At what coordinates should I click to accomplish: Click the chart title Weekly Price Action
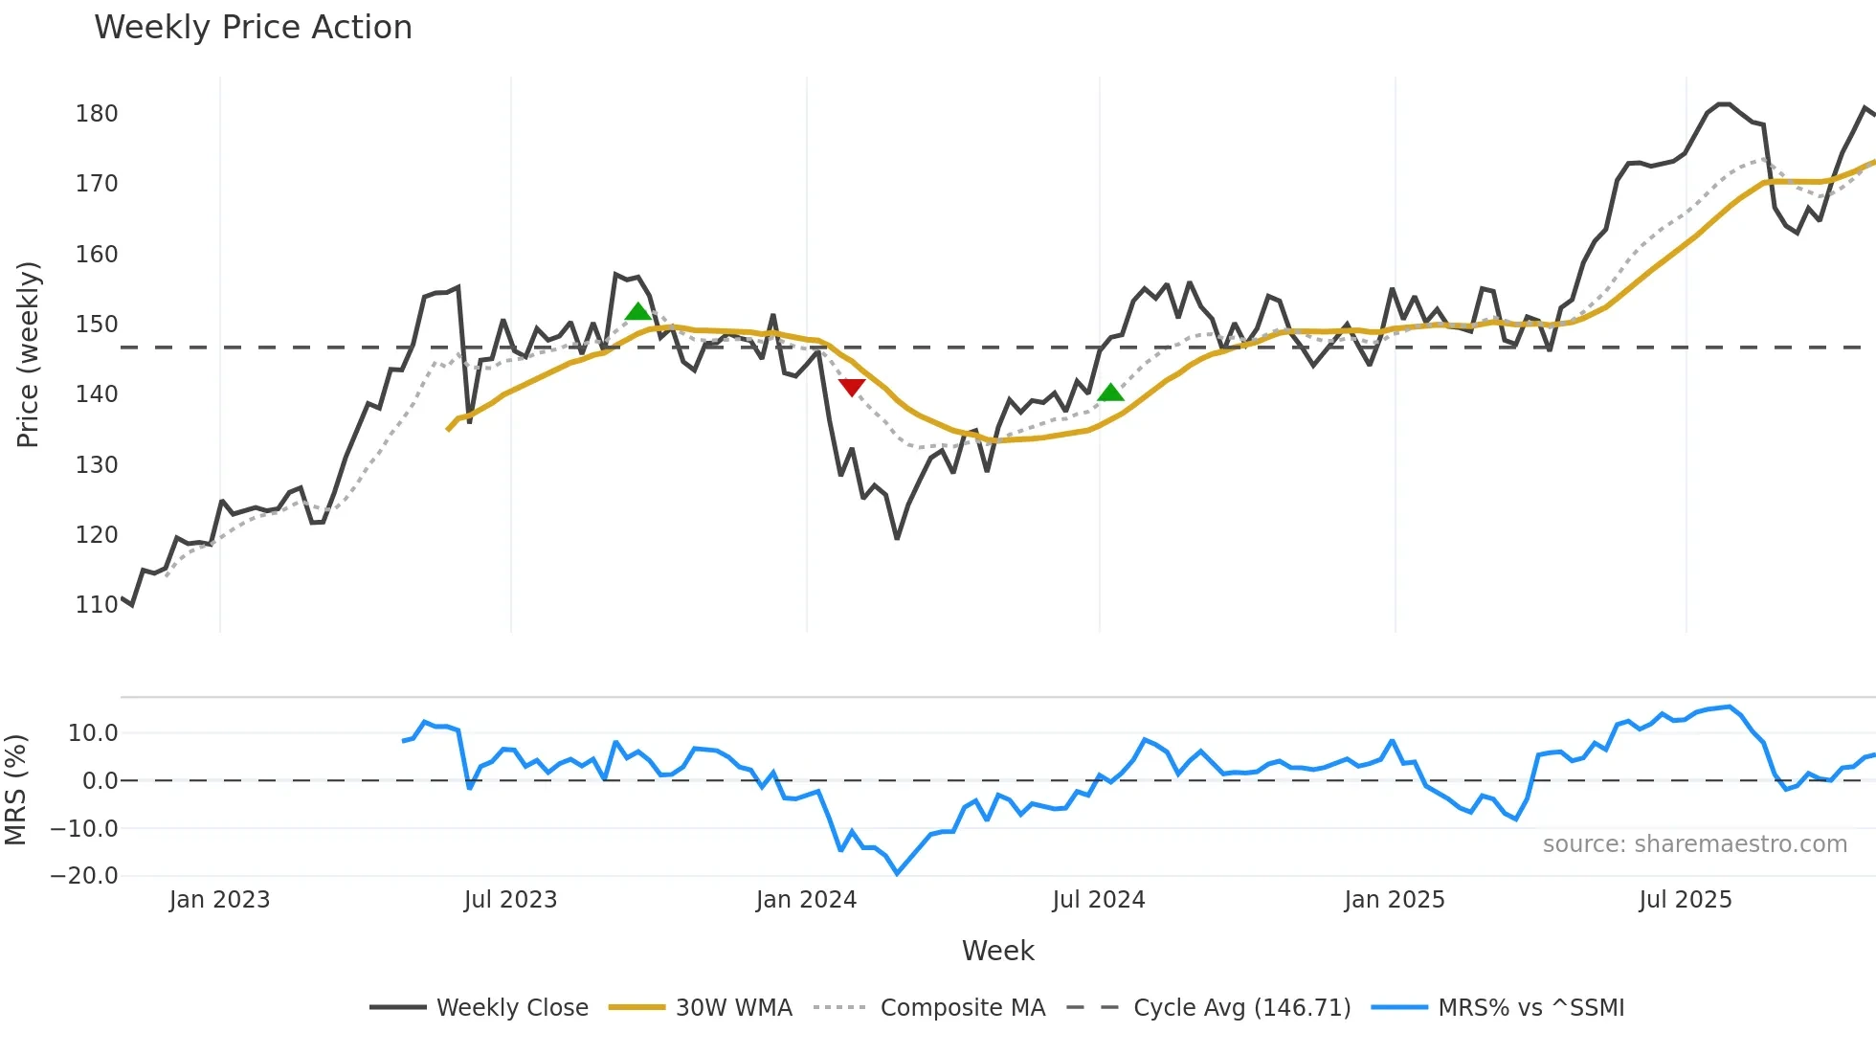(253, 28)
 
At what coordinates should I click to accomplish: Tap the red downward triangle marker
(851, 387)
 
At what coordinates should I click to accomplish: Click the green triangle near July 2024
(1110, 393)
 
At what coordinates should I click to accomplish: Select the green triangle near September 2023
(637, 311)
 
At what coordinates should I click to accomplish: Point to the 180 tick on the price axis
(97, 114)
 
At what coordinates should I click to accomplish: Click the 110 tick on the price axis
(97, 605)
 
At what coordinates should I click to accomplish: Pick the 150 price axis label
(97, 325)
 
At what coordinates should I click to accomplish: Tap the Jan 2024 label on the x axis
(806, 900)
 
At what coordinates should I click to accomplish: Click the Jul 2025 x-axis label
(1686, 900)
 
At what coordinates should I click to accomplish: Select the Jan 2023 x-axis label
(219, 900)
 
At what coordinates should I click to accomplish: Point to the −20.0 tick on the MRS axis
(84, 876)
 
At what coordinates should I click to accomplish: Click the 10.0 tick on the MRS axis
(93, 733)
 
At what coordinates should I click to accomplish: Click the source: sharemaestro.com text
(1694, 844)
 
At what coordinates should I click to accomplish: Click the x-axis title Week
(997, 951)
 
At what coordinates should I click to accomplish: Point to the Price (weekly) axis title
(28, 354)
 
